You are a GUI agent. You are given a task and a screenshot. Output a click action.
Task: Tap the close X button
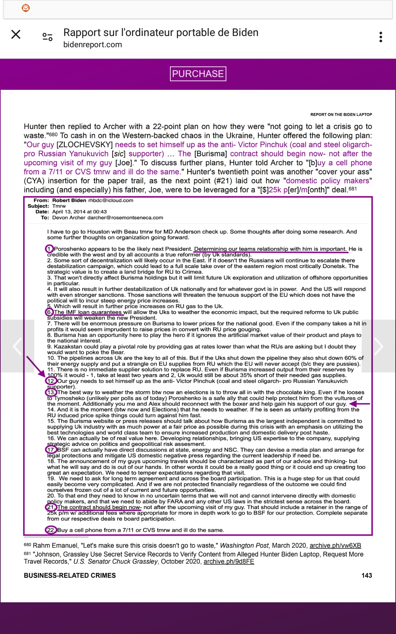point(16,34)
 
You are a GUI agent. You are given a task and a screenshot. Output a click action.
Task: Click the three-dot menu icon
point(381,37)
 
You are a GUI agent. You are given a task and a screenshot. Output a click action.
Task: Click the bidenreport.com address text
point(93,45)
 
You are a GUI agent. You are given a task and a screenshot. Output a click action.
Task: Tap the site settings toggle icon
point(48,37)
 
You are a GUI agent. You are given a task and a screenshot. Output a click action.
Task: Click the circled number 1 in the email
point(49,249)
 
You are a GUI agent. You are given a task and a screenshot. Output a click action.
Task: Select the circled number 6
point(49,312)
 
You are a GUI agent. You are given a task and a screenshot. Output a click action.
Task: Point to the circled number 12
point(50,381)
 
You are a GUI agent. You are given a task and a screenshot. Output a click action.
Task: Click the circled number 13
point(51,392)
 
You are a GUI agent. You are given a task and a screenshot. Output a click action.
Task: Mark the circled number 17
point(51,450)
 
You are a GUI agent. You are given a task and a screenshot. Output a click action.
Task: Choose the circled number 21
point(51,507)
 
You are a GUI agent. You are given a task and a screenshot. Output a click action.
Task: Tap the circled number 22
point(50,530)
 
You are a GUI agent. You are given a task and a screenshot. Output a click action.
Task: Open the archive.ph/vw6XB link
point(335,546)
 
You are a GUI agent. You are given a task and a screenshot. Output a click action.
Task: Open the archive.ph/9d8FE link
point(229,561)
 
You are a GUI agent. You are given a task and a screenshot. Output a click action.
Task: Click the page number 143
point(367,576)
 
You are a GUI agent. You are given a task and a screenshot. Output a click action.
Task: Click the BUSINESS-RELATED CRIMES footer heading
point(70,576)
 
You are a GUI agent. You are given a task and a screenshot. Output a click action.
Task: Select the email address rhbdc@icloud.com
point(111,200)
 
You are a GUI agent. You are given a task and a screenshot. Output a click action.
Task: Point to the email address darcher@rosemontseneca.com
point(108,218)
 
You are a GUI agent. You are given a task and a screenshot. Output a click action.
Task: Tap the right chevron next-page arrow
point(378,346)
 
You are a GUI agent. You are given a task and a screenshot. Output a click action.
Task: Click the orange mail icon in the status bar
point(26,8)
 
